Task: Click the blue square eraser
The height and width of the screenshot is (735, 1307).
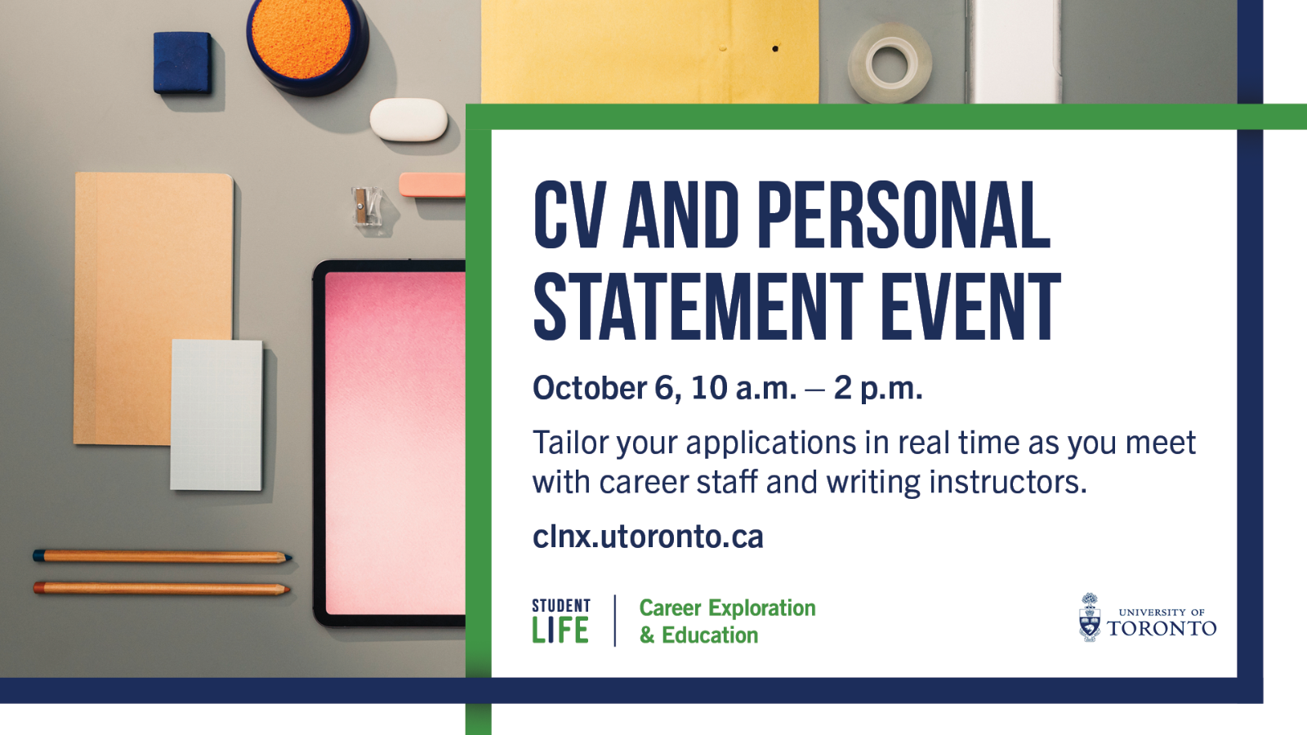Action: tap(183, 62)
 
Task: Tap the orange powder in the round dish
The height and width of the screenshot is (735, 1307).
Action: tap(301, 36)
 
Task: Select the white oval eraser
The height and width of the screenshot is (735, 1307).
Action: tap(408, 120)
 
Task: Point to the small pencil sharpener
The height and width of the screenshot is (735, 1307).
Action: tap(365, 206)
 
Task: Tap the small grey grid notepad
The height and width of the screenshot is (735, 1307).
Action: tap(216, 415)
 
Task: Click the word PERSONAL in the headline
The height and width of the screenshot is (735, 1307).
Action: tap(903, 216)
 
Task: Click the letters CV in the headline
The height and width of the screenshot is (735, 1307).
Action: tap(569, 216)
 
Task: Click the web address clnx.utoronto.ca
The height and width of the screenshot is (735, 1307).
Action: tap(648, 537)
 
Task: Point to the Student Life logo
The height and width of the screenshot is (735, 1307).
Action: tap(560, 621)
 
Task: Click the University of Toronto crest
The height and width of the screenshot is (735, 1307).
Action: tap(1090, 617)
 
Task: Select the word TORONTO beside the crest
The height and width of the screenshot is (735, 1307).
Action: tap(1162, 629)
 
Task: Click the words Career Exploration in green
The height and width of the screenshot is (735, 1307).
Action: tap(727, 608)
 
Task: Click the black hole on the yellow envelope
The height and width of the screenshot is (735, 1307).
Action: tap(775, 49)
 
